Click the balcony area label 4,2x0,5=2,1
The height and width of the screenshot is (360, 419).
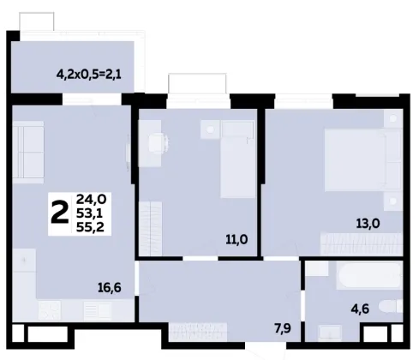[89, 75]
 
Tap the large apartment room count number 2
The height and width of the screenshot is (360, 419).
[60, 213]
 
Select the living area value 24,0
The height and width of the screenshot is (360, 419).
[91, 199]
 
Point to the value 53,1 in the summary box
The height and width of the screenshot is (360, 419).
[89, 213]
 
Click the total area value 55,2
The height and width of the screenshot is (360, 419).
[90, 227]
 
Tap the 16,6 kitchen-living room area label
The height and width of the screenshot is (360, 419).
[110, 287]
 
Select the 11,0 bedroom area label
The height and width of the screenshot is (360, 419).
[236, 239]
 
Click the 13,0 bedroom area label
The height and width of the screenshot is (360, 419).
[368, 223]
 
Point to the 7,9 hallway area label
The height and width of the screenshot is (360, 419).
[283, 328]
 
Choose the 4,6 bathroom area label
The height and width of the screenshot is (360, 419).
[360, 309]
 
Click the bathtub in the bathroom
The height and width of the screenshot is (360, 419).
[369, 275]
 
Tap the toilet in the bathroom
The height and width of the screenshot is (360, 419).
[391, 307]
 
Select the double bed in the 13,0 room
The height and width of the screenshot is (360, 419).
[363, 160]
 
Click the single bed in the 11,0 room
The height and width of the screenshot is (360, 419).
[237, 159]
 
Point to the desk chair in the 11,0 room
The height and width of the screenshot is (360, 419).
[158, 142]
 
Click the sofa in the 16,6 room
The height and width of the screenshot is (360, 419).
[28, 152]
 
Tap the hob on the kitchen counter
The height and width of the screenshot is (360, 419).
[50, 310]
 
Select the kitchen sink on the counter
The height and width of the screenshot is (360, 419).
[97, 310]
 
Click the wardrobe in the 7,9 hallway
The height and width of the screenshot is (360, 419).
[198, 332]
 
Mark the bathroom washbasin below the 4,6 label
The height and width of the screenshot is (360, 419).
[330, 333]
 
